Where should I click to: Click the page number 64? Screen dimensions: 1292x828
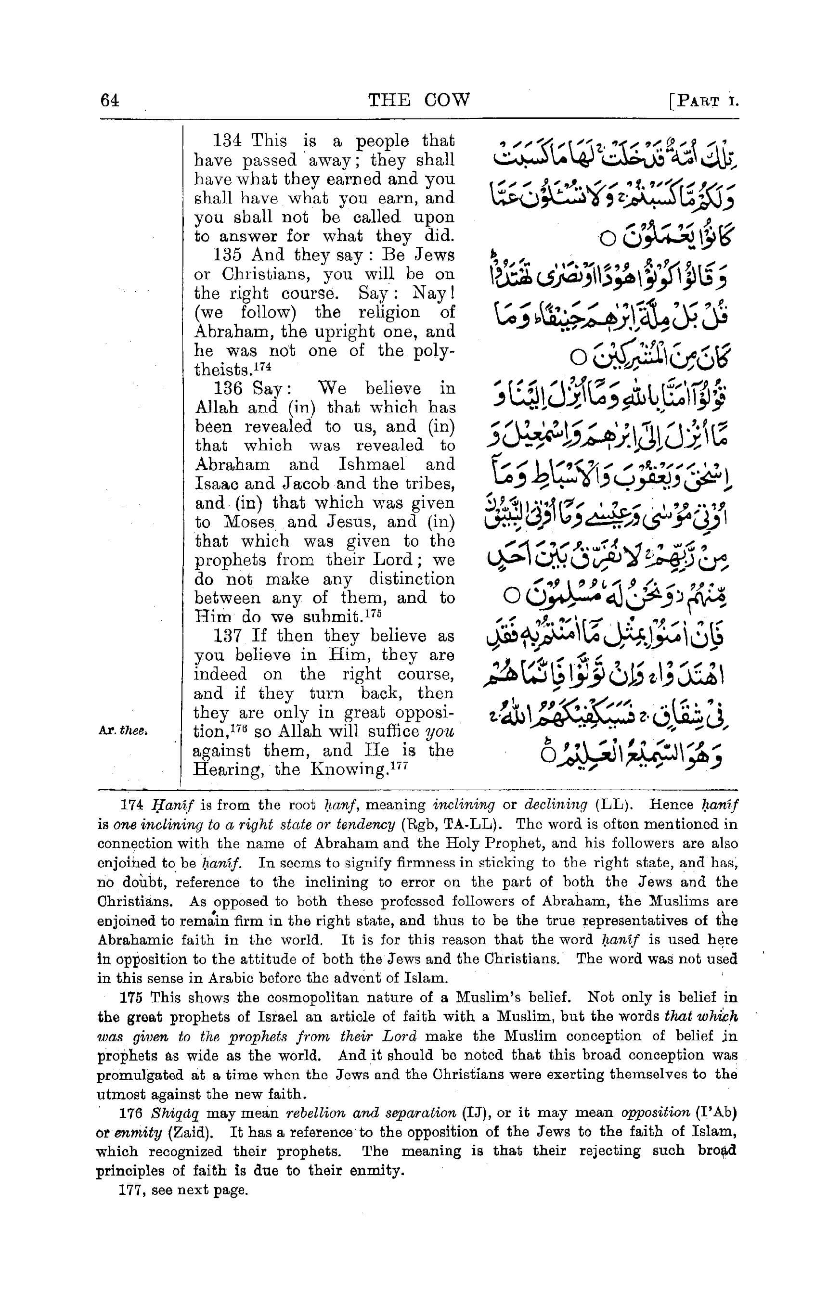coord(110,101)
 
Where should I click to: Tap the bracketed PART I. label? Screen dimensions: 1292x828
coord(704,101)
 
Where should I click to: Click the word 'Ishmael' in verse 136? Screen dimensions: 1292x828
coord(372,465)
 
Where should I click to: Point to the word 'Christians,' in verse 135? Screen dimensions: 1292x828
coord(267,275)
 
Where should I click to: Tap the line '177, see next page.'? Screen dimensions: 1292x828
coord(183,1190)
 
